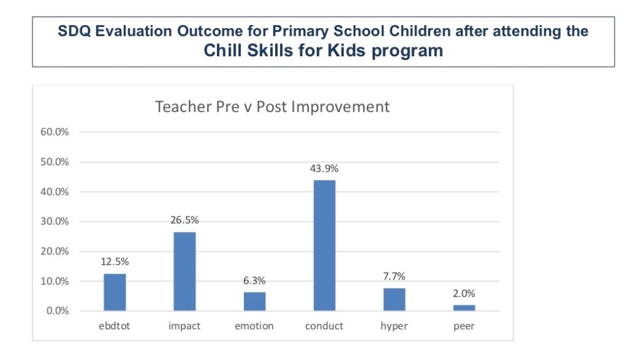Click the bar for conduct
pyautogui.click(x=324, y=246)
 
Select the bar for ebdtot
pyautogui.click(x=114, y=292)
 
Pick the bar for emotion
pyautogui.click(x=254, y=301)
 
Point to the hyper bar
pyautogui.click(x=394, y=299)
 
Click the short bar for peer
pyautogui.click(x=464, y=307)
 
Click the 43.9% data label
pyautogui.click(x=324, y=168)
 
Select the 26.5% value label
pyautogui.click(x=184, y=220)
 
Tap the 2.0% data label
pyautogui.click(x=464, y=293)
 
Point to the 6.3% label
pyautogui.click(x=254, y=281)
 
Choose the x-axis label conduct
pyautogui.click(x=324, y=326)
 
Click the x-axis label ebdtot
pyautogui.click(x=114, y=326)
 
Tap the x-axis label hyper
pyautogui.click(x=394, y=326)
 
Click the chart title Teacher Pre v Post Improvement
pyautogui.click(x=272, y=106)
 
